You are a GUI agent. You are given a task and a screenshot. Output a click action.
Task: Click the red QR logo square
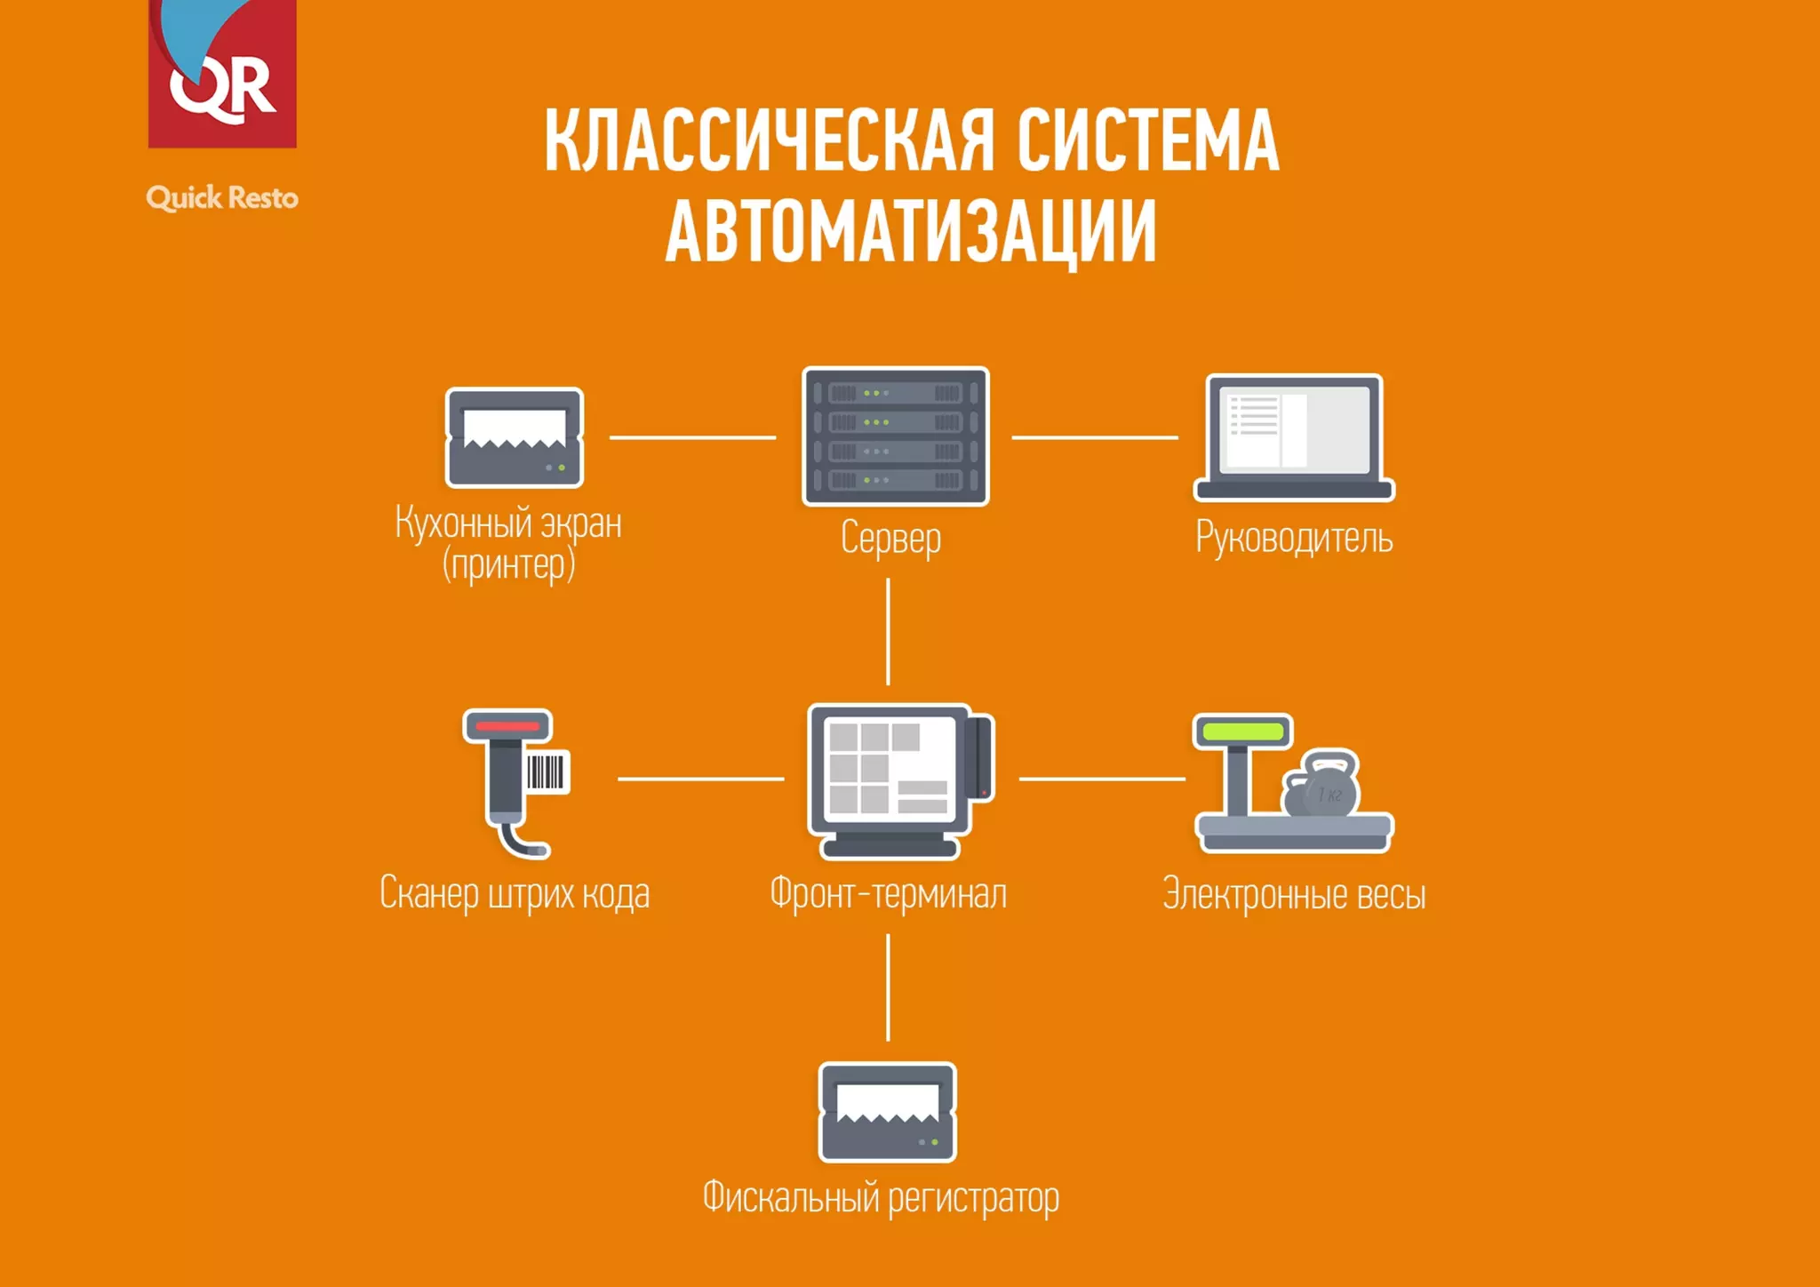222,76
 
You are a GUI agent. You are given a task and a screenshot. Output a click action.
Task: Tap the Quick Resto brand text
222,197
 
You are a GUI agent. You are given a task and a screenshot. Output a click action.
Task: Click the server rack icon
895,436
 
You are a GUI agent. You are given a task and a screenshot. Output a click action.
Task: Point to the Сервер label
890,539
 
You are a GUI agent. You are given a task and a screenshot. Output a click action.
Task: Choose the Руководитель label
1294,538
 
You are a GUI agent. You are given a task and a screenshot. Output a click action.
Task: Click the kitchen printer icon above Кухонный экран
515,437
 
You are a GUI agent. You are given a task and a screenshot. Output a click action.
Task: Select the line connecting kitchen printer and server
692,437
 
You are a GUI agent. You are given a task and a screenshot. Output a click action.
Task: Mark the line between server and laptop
1094,437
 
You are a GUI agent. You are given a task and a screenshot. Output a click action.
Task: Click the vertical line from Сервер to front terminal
888,631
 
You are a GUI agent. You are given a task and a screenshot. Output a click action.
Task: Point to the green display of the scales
1242,732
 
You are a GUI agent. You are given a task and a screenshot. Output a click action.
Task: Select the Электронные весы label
1294,894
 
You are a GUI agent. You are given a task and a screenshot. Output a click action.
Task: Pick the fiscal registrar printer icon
887,1112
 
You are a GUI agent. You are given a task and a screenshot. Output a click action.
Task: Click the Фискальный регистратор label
881,1198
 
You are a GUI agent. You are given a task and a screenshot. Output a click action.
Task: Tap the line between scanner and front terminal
700,779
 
